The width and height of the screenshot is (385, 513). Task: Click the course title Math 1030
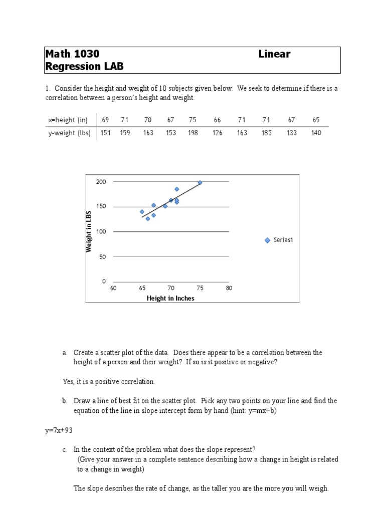point(72,54)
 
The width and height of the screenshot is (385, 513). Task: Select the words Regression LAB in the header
point(84,67)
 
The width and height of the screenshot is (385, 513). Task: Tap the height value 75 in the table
point(193,120)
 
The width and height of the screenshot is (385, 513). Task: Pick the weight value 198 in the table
point(193,133)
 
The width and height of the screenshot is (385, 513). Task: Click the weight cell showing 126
point(217,133)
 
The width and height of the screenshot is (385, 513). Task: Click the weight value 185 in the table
point(266,133)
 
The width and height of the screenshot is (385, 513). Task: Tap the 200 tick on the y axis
point(101,181)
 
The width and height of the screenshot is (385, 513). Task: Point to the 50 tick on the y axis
point(103,256)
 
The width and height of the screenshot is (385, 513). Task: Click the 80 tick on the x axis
point(229,288)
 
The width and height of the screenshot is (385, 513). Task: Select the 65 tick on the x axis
point(142,288)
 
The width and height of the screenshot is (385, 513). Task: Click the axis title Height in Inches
point(170,298)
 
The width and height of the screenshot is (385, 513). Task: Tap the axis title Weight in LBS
point(89,231)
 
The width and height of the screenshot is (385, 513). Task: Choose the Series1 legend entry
point(279,240)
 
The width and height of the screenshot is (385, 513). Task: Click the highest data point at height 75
point(200,183)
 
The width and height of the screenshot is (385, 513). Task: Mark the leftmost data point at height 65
point(142,212)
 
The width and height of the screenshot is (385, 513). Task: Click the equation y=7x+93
point(60,430)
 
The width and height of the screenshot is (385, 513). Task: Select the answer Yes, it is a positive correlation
point(109,381)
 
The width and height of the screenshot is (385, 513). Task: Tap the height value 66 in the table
point(217,120)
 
